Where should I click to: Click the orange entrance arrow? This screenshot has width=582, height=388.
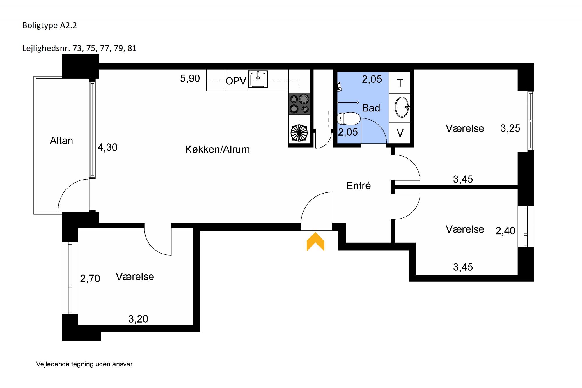tap(315, 242)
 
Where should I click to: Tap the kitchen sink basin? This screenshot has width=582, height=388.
tap(258, 79)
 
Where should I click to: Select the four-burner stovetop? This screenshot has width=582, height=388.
tap(299, 104)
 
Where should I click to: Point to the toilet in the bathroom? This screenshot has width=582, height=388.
tap(349, 119)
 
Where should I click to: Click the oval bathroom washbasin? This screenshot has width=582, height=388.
tap(402, 107)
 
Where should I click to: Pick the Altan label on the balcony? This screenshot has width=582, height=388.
tap(61, 141)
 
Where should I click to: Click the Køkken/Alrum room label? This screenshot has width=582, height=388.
tap(217, 150)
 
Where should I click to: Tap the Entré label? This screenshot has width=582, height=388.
tap(359, 185)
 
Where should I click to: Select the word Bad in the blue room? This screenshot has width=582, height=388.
tap(371, 108)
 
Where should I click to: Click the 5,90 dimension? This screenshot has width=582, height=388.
tap(190, 78)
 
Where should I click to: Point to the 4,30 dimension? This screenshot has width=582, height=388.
tap(107, 148)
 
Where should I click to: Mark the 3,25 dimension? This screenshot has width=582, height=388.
tap(510, 128)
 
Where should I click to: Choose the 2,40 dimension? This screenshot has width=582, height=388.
tap(505, 231)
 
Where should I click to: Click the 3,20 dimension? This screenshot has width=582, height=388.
tap(138, 319)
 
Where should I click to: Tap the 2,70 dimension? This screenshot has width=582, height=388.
tap(90, 279)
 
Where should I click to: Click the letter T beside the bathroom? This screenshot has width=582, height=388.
tap(400, 84)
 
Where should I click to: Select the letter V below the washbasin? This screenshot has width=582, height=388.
tap(400, 133)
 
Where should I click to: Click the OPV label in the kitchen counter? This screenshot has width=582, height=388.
tap(236, 81)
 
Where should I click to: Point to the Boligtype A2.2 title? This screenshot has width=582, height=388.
tap(49, 26)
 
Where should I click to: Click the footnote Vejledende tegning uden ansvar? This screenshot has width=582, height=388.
tap(85, 364)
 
